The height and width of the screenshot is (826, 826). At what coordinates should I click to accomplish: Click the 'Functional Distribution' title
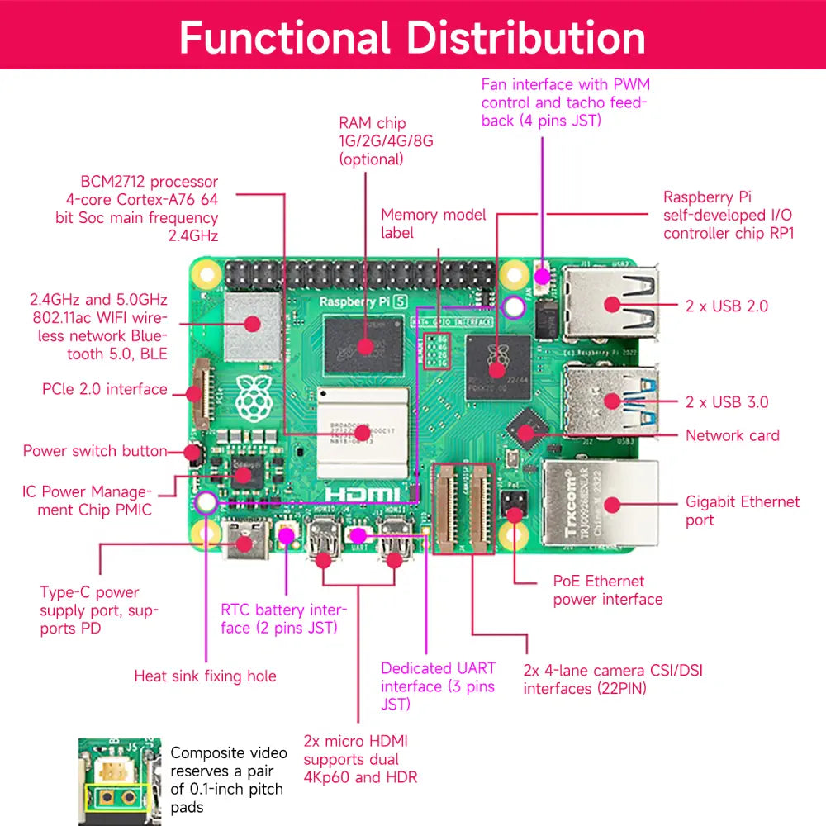[412, 38]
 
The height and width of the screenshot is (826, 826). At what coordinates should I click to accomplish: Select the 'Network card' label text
[732, 435]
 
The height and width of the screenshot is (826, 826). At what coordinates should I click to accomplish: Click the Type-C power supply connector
[245, 541]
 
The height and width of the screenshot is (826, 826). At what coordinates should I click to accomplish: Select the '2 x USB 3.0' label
[727, 402]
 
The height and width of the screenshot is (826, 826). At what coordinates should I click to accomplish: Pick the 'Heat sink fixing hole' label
[205, 676]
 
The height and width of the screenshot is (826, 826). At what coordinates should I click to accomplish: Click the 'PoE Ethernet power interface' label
[608, 591]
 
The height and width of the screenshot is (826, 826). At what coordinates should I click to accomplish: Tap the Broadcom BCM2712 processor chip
[363, 430]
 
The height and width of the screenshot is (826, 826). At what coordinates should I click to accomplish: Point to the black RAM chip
[363, 344]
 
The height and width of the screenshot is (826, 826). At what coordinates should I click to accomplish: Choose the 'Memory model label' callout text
[433, 224]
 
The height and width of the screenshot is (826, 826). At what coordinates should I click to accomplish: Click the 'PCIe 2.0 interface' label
[105, 389]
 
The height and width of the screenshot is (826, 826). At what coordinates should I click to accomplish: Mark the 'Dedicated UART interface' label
[438, 686]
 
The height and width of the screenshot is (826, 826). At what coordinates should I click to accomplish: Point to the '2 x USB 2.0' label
[727, 306]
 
